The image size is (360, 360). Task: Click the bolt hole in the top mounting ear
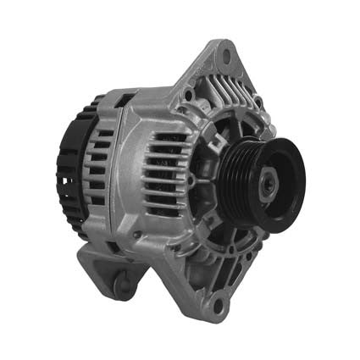click(x=226, y=56)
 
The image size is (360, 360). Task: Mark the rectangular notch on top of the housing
click(x=125, y=101)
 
